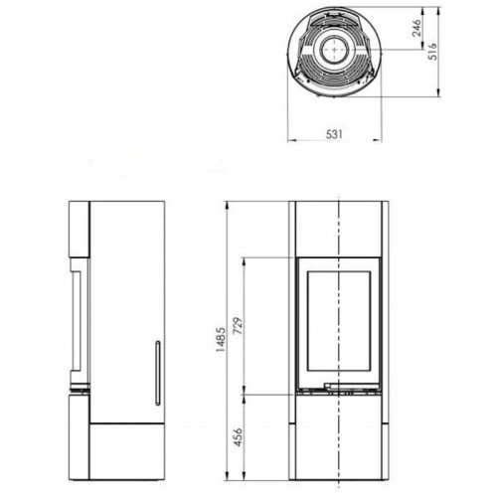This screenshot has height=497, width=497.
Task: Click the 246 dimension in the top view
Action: click(x=416, y=33)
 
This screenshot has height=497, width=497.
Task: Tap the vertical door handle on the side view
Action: click(x=156, y=373)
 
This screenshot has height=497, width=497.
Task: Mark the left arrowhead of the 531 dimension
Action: click(x=291, y=140)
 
